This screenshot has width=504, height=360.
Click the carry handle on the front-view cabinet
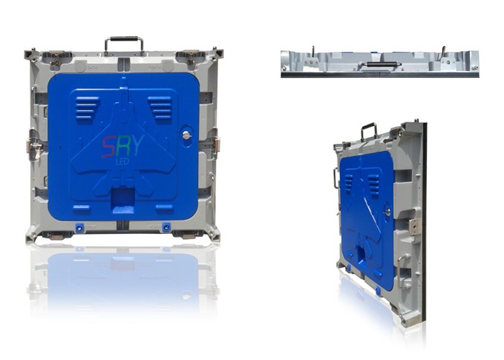124,39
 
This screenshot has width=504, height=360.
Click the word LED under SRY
122,162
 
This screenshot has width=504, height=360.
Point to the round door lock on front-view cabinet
186,135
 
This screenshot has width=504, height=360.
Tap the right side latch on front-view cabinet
216,144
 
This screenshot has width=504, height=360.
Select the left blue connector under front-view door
79,228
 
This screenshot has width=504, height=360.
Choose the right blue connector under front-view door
166,227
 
